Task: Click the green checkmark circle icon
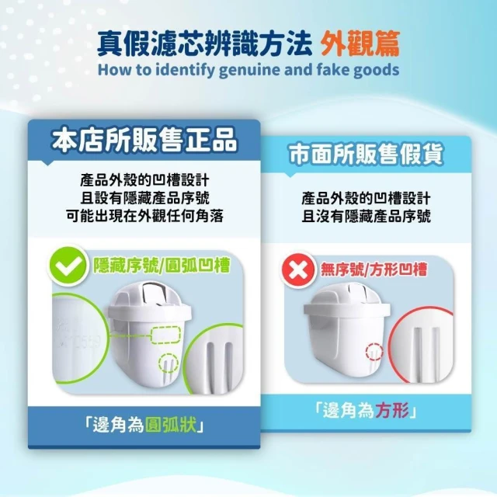coord(67,266)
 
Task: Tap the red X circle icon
coord(297,270)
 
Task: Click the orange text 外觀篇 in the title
coord(360,44)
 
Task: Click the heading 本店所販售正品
coord(144,141)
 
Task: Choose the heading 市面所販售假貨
coord(366,155)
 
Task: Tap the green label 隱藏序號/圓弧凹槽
coord(162,265)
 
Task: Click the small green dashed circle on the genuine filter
coord(169,363)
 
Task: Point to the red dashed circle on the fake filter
coord(374,352)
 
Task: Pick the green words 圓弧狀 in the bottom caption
coord(170,425)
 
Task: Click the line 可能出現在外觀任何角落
coord(145,216)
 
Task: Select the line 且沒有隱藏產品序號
coord(366,216)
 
